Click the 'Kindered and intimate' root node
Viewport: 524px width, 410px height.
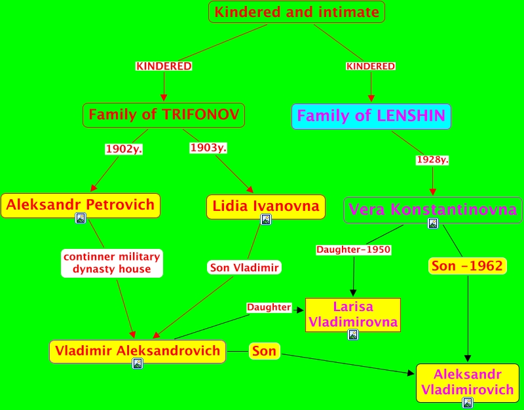[x=296, y=12]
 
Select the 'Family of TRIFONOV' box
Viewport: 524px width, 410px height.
[x=164, y=115]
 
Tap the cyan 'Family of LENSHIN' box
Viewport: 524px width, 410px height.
[x=371, y=116]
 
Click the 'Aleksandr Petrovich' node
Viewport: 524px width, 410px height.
[x=81, y=205]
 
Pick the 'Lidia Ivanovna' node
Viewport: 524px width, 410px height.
[x=266, y=206]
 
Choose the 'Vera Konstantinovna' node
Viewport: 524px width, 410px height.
[x=433, y=210]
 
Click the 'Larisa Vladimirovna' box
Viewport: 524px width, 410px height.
[x=353, y=314]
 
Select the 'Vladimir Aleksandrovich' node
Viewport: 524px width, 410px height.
[x=138, y=351]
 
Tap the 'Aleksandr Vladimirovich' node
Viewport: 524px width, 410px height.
[x=467, y=382]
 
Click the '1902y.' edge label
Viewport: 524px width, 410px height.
[x=124, y=149]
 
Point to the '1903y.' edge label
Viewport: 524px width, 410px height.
[x=208, y=148]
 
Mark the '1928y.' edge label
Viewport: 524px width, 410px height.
[x=433, y=160]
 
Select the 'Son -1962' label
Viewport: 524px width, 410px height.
[x=468, y=266]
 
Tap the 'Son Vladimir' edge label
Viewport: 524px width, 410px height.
[x=244, y=267]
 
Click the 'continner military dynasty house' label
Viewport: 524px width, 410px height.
[x=111, y=263]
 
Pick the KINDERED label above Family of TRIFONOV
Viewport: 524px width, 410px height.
[x=164, y=66]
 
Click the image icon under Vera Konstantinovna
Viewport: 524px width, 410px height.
[x=433, y=224]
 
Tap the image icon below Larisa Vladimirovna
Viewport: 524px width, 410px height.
[x=353, y=335]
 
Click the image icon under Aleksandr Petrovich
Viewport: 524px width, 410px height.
[x=81, y=218]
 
